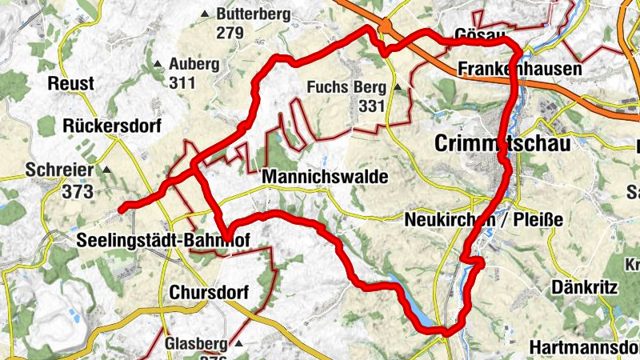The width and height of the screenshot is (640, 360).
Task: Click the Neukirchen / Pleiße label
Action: coord(484,219)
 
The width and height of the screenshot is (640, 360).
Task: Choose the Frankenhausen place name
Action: coord(520,70)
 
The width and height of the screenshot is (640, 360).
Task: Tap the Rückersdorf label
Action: coord(112,126)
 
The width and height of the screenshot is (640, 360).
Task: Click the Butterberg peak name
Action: coord(252,14)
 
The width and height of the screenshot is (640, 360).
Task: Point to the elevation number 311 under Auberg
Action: coord(183,82)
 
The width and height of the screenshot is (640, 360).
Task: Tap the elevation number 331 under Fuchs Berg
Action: coord(372,106)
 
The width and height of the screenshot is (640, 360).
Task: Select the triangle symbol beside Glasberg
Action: coord(238,343)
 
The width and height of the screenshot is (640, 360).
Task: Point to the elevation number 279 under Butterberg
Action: coord(229,33)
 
